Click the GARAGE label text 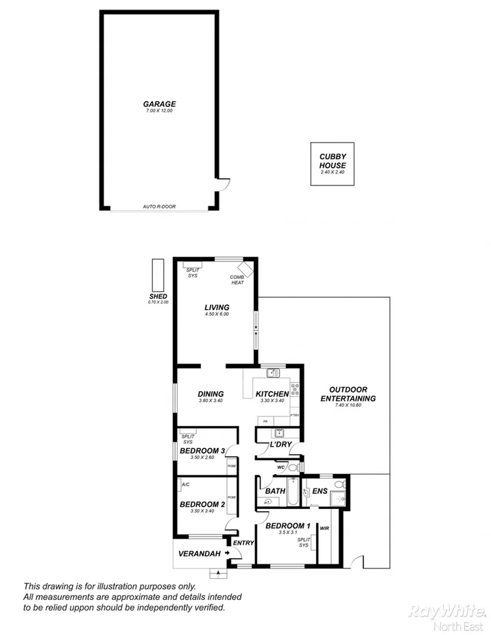click(159, 104)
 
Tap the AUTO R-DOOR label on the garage click(159, 206)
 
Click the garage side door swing click(223, 184)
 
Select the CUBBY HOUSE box click(333, 163)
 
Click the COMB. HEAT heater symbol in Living click(245, 269)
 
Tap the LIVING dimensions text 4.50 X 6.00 click(216, 314)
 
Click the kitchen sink click(272, 373)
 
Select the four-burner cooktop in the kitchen click(295, 389)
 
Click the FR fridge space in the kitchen click(265, 421)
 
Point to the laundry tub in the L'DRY click(278, 433)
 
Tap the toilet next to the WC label click(293, 468)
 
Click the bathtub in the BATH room click(291, 493)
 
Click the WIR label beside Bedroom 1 click(324, 528)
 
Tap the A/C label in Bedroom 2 click(185, 484)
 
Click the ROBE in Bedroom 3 click(232, 465)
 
